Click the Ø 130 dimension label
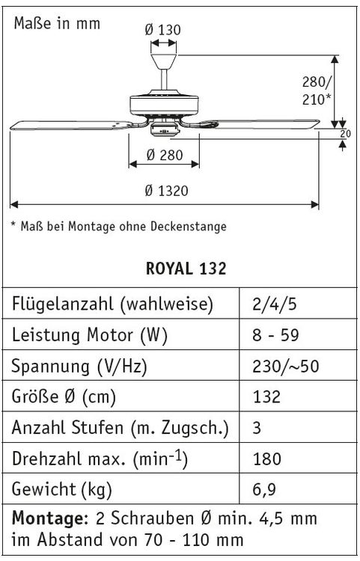[163, 30]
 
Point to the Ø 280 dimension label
[165, 156]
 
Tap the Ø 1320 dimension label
[166, 191]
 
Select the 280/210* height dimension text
[317, 91]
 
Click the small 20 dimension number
[345, 134]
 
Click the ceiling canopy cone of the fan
[164, 61]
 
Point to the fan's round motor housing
[164, 105]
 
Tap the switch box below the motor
[165, 129]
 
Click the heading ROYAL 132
[186, 269]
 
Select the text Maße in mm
[57, 24]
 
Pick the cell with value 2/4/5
[275, 304]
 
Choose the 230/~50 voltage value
[286, 366]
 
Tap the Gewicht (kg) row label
[62, 489]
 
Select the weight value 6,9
[264, 489]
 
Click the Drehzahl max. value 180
[267, 459]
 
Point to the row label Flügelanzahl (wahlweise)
[112, 304]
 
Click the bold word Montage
[50, 518]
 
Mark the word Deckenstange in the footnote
[188, 226]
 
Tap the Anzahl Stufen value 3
[257, 428]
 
